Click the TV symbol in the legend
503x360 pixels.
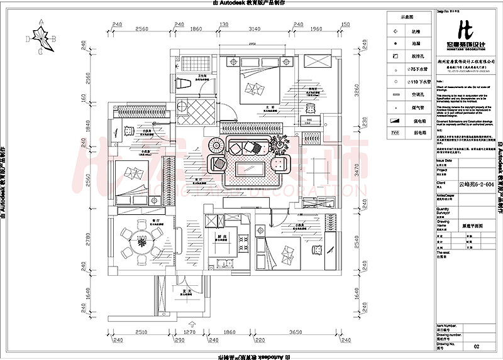395,133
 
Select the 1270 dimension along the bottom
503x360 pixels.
190,332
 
